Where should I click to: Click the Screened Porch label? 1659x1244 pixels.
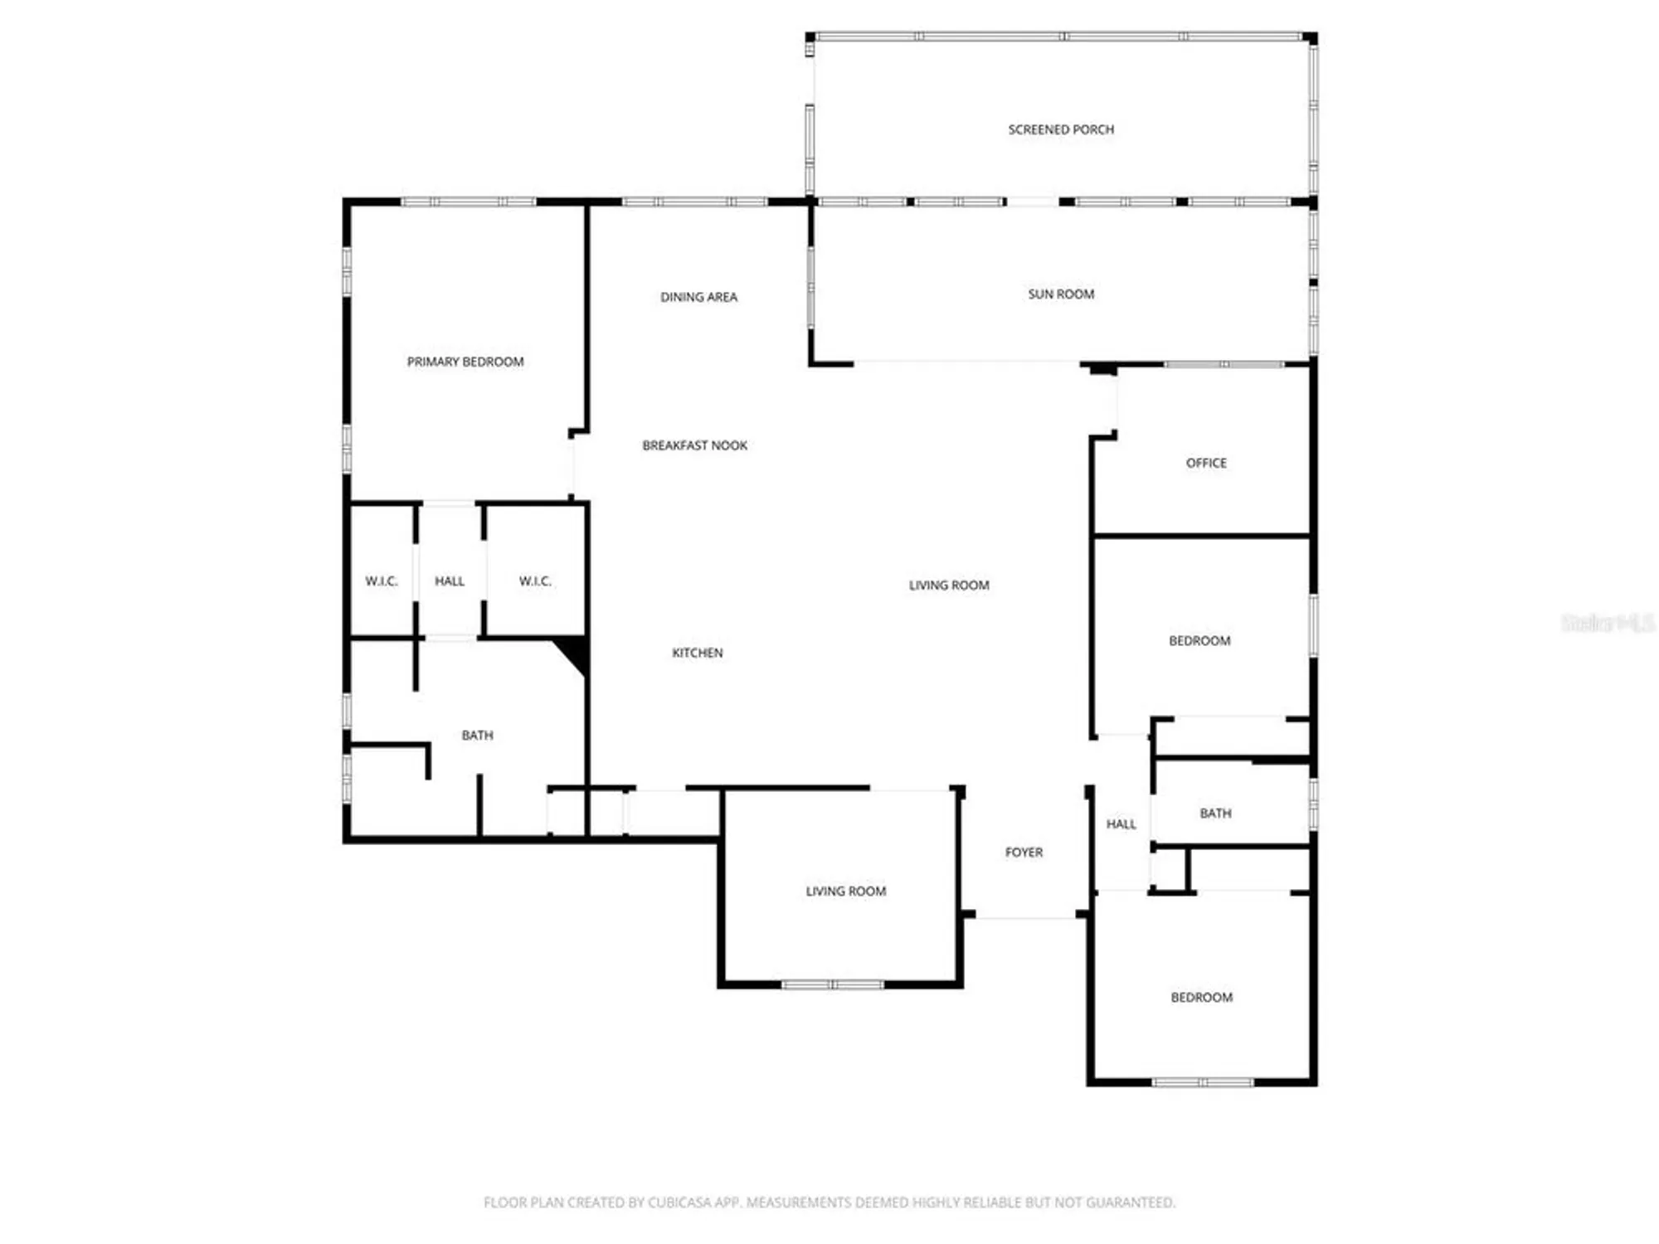tap(1061, 129)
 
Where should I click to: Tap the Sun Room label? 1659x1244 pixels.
tap(1061, 294)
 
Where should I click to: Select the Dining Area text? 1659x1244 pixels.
tap(698, 297)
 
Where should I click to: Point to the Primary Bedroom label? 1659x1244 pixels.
tap(465, 362)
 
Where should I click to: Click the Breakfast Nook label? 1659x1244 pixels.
tap(694, 445)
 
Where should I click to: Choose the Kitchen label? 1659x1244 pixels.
tap(697, 653)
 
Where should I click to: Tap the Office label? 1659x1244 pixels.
tap(1206, 463)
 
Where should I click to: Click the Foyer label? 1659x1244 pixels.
tap(1024, 852)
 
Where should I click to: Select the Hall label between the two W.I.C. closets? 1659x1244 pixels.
tap(450, 581)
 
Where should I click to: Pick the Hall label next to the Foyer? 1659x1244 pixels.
tap(1121, 824)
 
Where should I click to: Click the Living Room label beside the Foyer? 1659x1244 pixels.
tap(845, 891)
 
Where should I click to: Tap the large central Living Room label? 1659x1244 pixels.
tap(949, 585)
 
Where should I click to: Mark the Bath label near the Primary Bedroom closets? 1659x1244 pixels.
tap(477, 735)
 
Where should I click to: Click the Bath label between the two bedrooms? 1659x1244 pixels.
tap(1215, 814)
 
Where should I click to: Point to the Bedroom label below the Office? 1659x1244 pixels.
tap(1199, 640)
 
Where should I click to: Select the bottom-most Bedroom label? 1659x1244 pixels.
tap(1201, 997)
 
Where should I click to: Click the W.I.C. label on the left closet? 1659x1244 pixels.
tap(382, 581)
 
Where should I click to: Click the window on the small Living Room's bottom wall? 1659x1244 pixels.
tap(833, 984)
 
